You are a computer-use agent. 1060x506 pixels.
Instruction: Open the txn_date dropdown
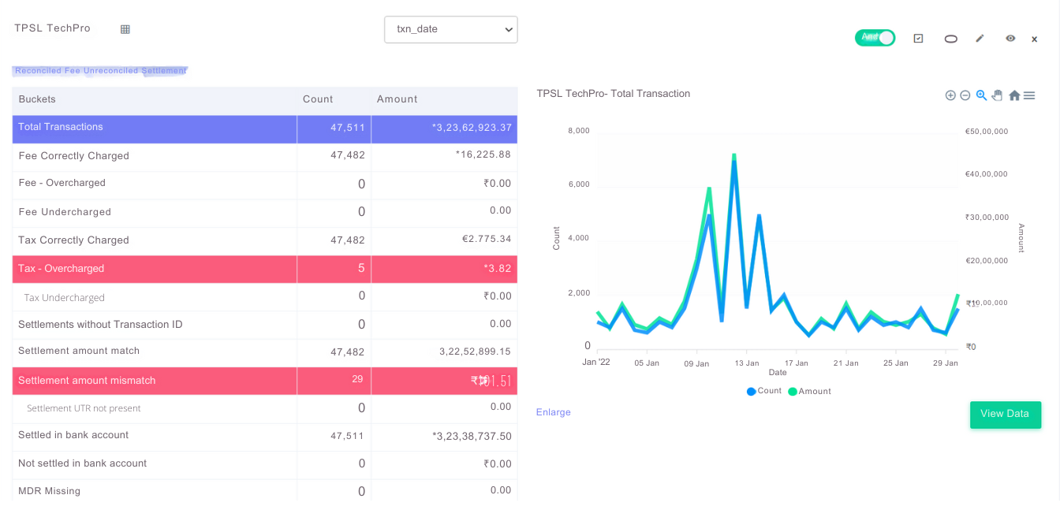(x=450, y=30)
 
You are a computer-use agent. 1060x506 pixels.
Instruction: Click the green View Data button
(x=1005, y=415)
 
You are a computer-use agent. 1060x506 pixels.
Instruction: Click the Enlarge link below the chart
(x=553, y=412)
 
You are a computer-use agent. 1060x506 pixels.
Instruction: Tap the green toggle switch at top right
(x=875, y=38)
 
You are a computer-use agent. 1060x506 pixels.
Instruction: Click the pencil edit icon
(x=980, y=38)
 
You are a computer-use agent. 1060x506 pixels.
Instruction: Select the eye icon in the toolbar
(x=1010, y=38)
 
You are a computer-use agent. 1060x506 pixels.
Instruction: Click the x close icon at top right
(x=1034, y=39)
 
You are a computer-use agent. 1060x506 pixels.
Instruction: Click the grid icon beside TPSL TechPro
(x=125, y=29)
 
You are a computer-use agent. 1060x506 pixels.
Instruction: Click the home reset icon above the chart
(x=1013, y=95)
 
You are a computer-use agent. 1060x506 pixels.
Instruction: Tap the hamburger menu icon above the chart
(x=1029, y=95)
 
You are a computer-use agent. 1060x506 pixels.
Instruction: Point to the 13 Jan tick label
(x=746, y=363)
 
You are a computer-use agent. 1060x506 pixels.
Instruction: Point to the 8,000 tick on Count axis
(x=578, y=131)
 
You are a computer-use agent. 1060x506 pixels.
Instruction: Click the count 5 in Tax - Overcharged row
(x=361, y=269)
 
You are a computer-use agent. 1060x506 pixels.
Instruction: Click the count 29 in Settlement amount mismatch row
(x=357, y=379)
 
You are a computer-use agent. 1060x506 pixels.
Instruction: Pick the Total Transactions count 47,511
(x=348, y=128)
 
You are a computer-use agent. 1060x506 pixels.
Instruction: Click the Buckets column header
(x=37, y=99)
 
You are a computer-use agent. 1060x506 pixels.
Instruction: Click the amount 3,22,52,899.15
(x=475, y=352)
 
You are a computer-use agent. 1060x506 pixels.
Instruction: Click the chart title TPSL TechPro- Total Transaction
(x=613, y=94)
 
